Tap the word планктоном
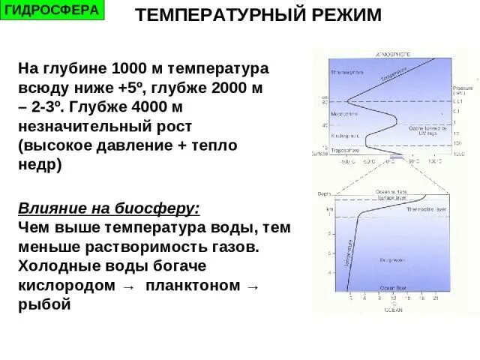click(x=193, y=286)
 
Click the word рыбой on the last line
click(x=43, y=304)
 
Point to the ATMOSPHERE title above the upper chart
click(x=393, y=55)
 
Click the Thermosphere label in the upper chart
click(x=347, y=73)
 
